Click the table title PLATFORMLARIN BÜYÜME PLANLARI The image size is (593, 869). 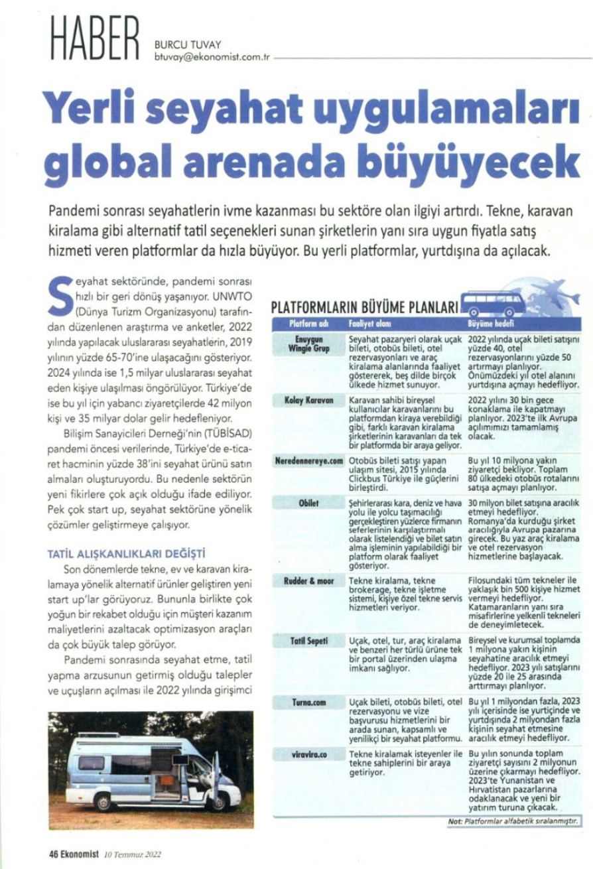pos(365,308)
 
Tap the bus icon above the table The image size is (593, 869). pos(492,303)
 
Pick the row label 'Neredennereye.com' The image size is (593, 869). pos(308,459)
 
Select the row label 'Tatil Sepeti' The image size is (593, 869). pos(308,640)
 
